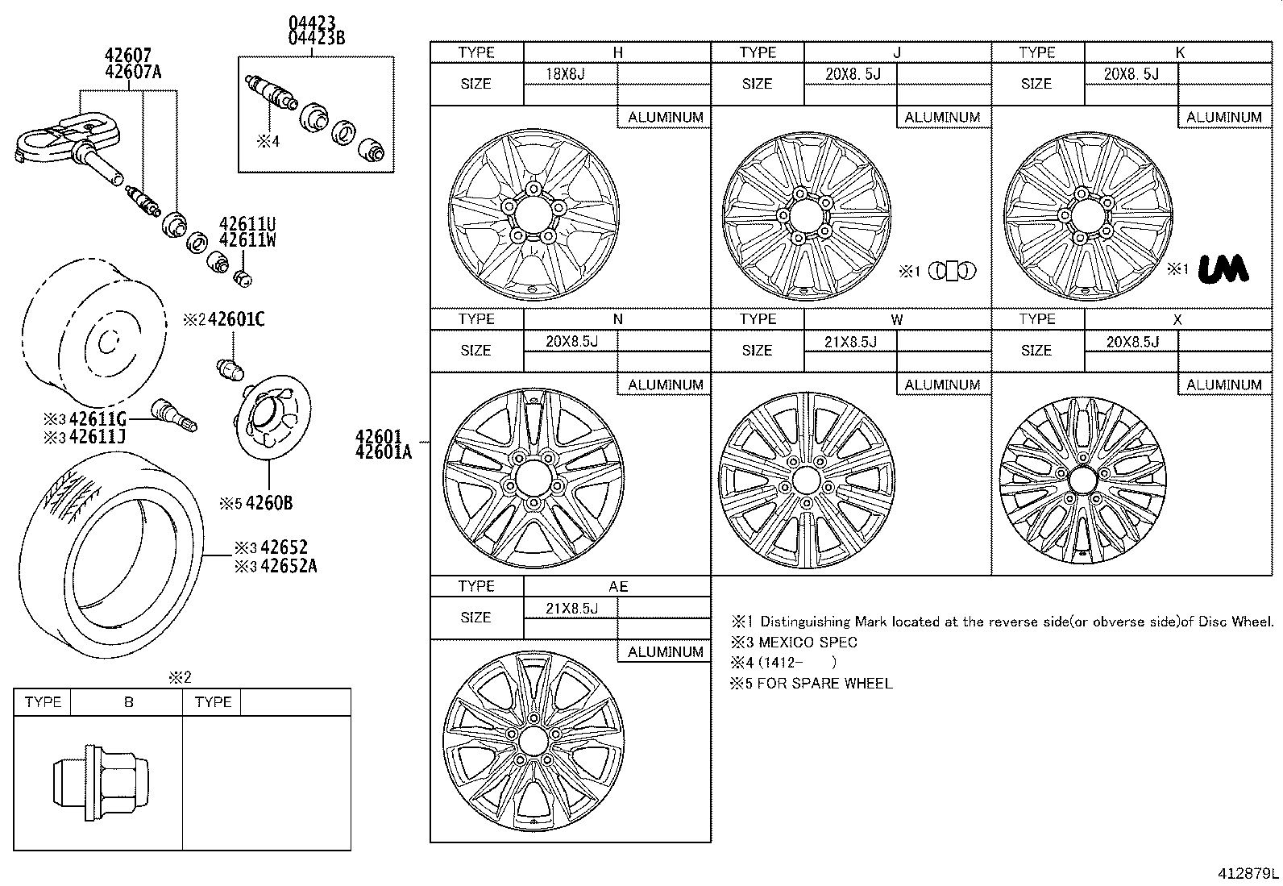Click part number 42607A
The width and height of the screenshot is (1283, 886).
[x=133, y=72]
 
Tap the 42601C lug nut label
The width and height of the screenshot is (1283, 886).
[x=236, y=320]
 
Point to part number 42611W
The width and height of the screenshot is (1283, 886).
[x=247, y=240]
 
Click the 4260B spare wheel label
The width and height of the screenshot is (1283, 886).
[x=268, y=504]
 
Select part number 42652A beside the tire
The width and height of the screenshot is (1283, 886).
[x=289, y=566]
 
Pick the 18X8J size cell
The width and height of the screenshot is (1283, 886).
[x=565, y=74]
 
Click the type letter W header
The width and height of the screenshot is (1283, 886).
[x=896, y=319]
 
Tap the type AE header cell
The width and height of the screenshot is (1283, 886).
[x=617, y=586]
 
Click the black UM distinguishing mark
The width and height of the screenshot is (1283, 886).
[x=1223, y=269]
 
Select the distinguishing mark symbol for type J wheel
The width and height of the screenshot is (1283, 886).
[x=952, y=271]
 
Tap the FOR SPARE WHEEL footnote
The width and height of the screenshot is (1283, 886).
[x=824, y=684]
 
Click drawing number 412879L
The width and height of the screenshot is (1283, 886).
[x=1248, y=873]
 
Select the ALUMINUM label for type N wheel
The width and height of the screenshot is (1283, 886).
[x=665, y=385]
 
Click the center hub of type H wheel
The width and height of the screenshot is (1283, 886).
[x=529, y=214]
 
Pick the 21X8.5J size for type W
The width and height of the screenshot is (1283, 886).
[x=849, y=341]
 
